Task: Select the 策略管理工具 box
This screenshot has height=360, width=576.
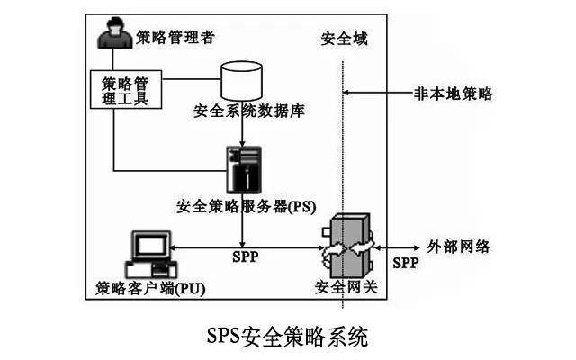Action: [127, 89]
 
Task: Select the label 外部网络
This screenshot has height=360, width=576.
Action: [458, 247]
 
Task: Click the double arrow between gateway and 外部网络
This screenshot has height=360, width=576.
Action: [401, 247]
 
